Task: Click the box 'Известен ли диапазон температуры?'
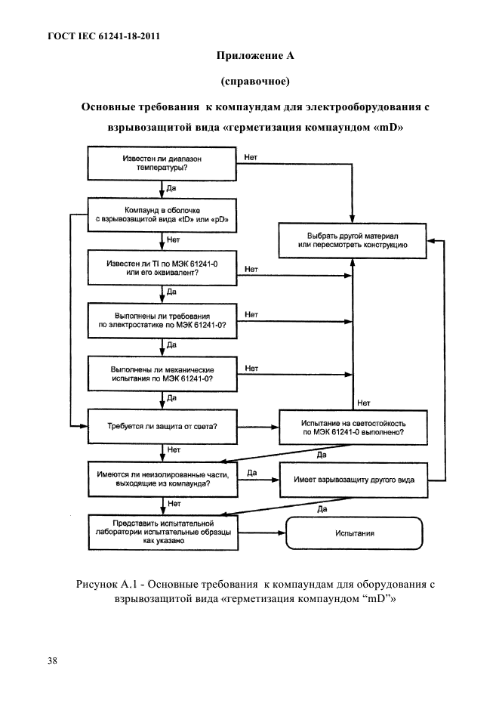tap(162, 163)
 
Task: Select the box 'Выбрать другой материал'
tap(353, 240)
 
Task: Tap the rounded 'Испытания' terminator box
tap(354, 533)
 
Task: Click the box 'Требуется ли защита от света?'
tap(162, 426)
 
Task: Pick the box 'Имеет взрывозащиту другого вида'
tap(354, 480)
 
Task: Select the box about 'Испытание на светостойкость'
tap(353, 428)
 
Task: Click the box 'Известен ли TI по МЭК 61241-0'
tap(162, 268)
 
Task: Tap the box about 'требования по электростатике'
tap(162, 320)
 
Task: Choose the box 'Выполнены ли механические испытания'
tap(162, 374)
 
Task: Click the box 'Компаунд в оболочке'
tap(162, 215)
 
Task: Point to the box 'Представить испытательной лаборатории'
tap(163, 532)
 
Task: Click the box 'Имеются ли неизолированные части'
tap(162, 479)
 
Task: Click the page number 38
tap(52, 661)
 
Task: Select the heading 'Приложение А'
tap(255, 55)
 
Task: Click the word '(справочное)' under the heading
tap(255, 81)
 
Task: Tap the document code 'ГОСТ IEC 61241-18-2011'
tap(103, 36)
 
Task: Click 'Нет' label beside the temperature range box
tap(251, 157)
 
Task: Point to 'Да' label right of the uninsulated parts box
tap(252, 473)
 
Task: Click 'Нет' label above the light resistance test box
tap(363, 403)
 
